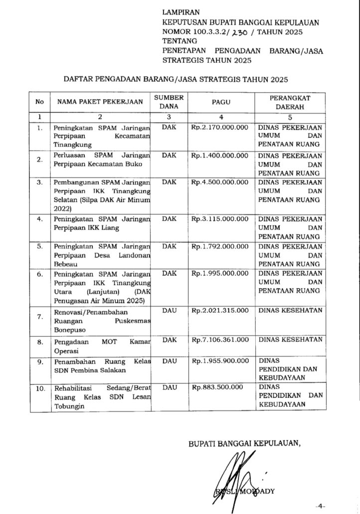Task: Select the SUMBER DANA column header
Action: click(169, 101)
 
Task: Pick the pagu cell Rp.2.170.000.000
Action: click(219, 127)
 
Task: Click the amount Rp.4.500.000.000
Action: click(219, 182)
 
